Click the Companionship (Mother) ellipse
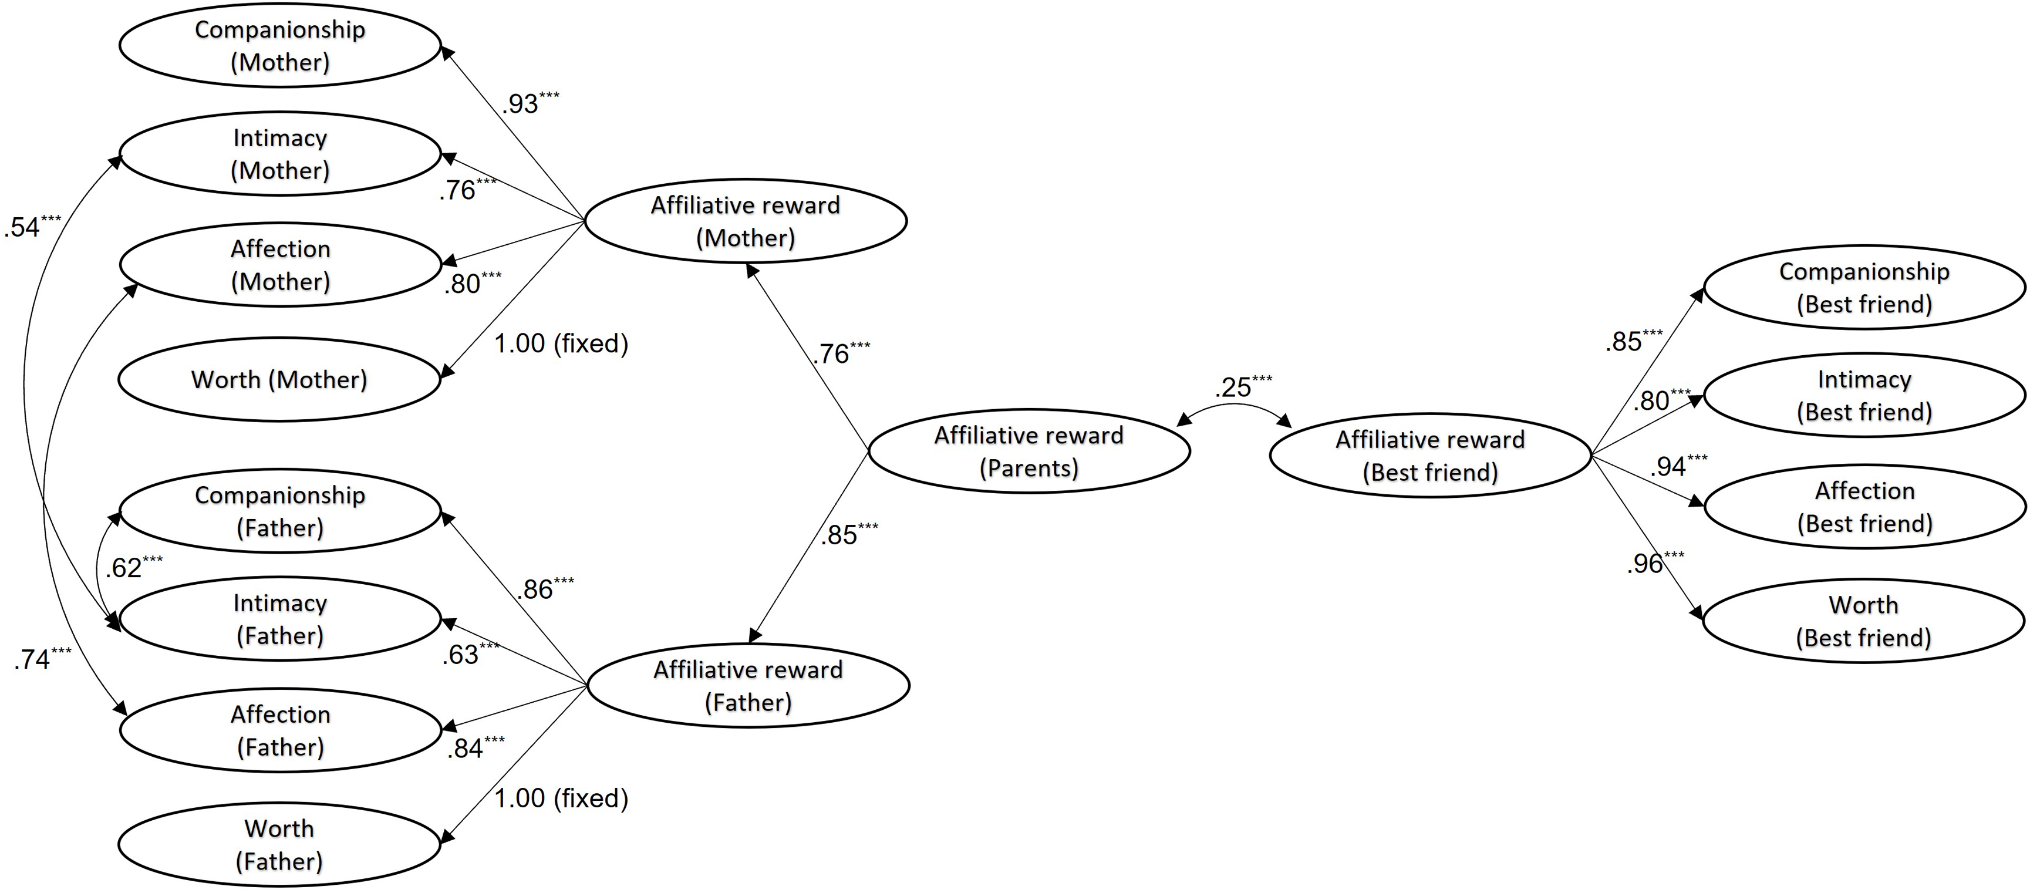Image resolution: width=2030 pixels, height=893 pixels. click(x=280, y=46)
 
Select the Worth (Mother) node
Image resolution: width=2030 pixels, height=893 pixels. click(x=280, y=380)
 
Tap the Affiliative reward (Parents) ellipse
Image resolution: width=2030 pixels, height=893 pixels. click(x=1029, y=451)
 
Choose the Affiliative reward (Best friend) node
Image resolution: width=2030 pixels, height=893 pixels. click(x=1429, y=456)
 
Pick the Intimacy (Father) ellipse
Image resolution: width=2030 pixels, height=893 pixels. click(x=280, y=619)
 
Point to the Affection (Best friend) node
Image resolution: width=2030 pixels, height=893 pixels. click(x=1864, y=507)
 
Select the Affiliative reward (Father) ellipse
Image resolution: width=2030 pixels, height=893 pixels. click(x=748, y=686)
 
